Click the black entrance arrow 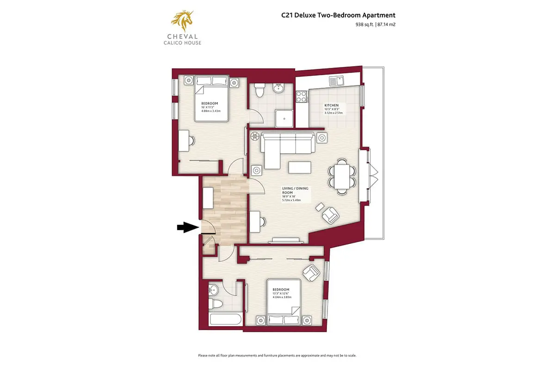tap(186, 227)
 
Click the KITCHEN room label tap(331, 106)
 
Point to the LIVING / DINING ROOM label tap(294, 191)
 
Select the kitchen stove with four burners tap(302, 97)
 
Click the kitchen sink tap(336, 81)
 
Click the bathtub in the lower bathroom tap(225, 321)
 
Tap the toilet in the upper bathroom tap(259, 90)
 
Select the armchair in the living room tap(330, 214)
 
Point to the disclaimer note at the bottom tap(277, 356)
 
